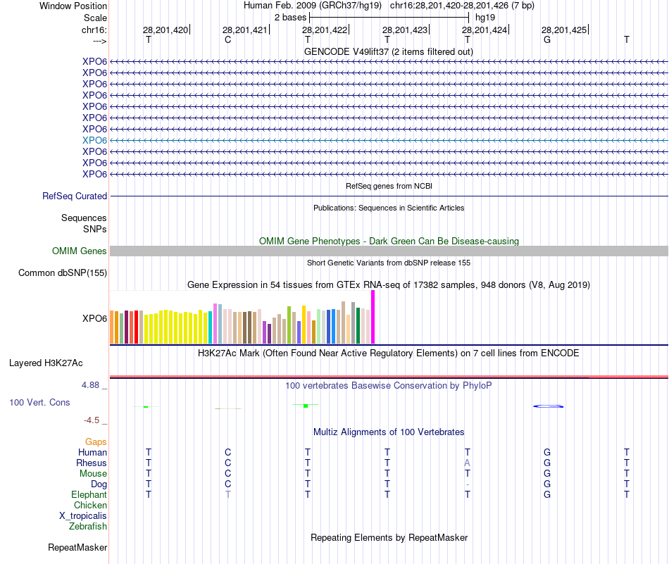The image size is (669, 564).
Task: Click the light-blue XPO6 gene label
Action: pyautogui.click(x=94, y=140)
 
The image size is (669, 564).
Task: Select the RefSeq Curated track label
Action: pyautogui.click(x=75, y=196)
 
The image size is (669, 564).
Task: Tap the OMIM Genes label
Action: pyautogui.click(x=79, y=251)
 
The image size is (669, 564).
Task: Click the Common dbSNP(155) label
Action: pyautogui.click(x=63, y=273)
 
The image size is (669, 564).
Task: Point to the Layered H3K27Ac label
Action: pyautogui.click(x=46, y=363)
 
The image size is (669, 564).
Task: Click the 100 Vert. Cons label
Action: pyautogui.click(x=39, y=403)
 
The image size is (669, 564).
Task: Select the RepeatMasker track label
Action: pyautogui.click(x=77, y=547)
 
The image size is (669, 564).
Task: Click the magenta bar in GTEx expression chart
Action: pyautogui.click(x=373, y=317)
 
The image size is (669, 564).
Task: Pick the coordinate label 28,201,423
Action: pyautogui.click(x=405, y=30)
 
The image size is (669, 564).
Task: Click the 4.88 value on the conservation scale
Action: pyautogui.click(x=92, y=385)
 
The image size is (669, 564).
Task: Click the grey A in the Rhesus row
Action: pyautogui.click(x=467, y=463)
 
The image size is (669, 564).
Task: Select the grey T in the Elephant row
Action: pyautogui.click(x=227, y=494)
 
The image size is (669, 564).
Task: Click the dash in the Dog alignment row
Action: pyautogui.click(x=467, y=484)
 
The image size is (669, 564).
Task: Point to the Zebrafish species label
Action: pyautogui.click(x=88, y=526)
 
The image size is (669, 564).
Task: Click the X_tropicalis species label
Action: pyautogui.click(x=83, y=515)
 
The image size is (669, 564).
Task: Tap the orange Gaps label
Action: pyautogui.click(x=96, y=441)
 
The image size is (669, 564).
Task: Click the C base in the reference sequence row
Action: pyautogui.click(x=227, y=39)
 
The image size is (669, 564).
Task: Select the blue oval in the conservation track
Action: pyautogui.click(x=548, y=406)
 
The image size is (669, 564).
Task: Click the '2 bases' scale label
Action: pyautogui.click(x=290, y=16)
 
